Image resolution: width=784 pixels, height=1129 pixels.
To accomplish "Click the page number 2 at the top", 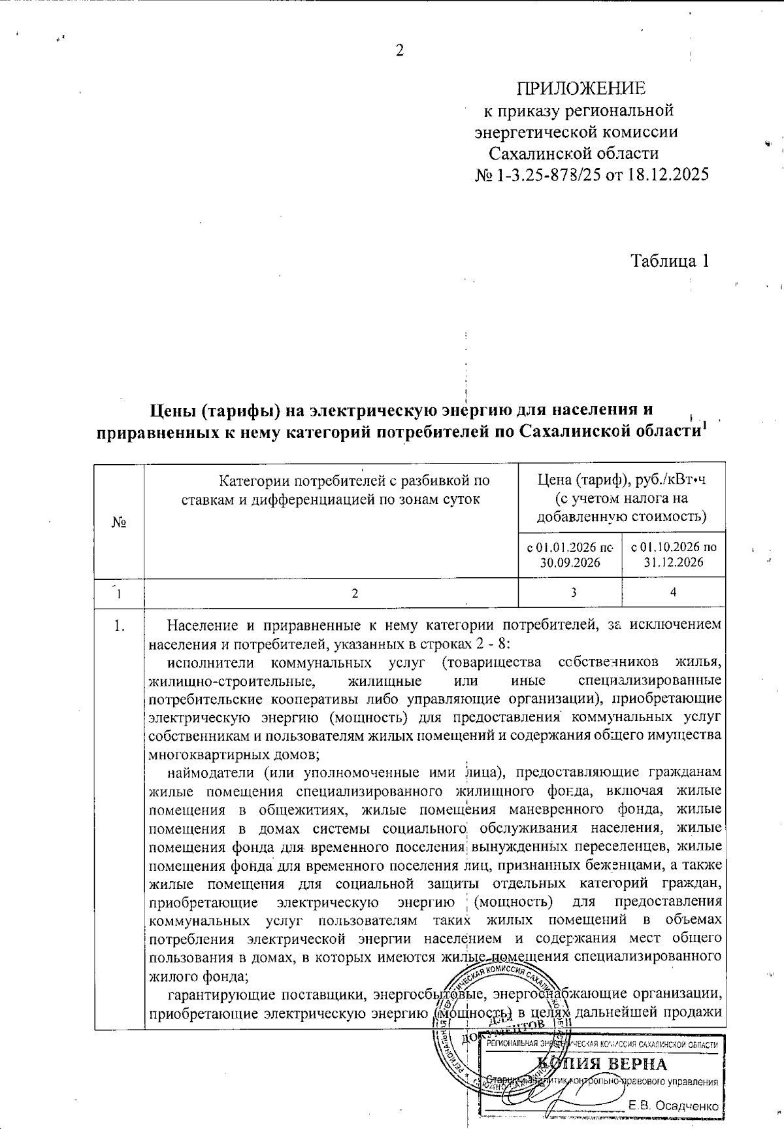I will (x=400, y=50).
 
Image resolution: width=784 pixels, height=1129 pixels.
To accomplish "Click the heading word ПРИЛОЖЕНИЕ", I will (x=581, y=88).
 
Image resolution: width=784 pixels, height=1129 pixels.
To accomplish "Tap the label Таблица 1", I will (x=670, y=261).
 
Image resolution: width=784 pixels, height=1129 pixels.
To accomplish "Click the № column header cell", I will (x=119, y=522).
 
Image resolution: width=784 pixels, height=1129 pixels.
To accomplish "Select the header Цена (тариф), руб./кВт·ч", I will (x=621, y=480).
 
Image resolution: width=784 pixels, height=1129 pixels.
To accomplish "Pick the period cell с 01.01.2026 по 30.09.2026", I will (x=570, y=554).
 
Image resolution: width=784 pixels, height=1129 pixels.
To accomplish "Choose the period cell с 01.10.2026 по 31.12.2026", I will (x=673, y=554).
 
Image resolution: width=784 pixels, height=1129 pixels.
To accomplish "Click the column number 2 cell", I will (x=355, y=593).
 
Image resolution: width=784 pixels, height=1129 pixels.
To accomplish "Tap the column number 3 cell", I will (x=572, y=593).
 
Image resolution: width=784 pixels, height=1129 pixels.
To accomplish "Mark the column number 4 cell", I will (x=673, y=593).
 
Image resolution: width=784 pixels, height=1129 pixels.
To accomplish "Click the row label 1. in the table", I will (x=119, y=626).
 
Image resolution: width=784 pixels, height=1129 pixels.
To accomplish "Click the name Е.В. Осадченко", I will (x=674, y=1105).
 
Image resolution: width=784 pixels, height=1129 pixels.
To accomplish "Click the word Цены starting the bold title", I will (x=171, y=411).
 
